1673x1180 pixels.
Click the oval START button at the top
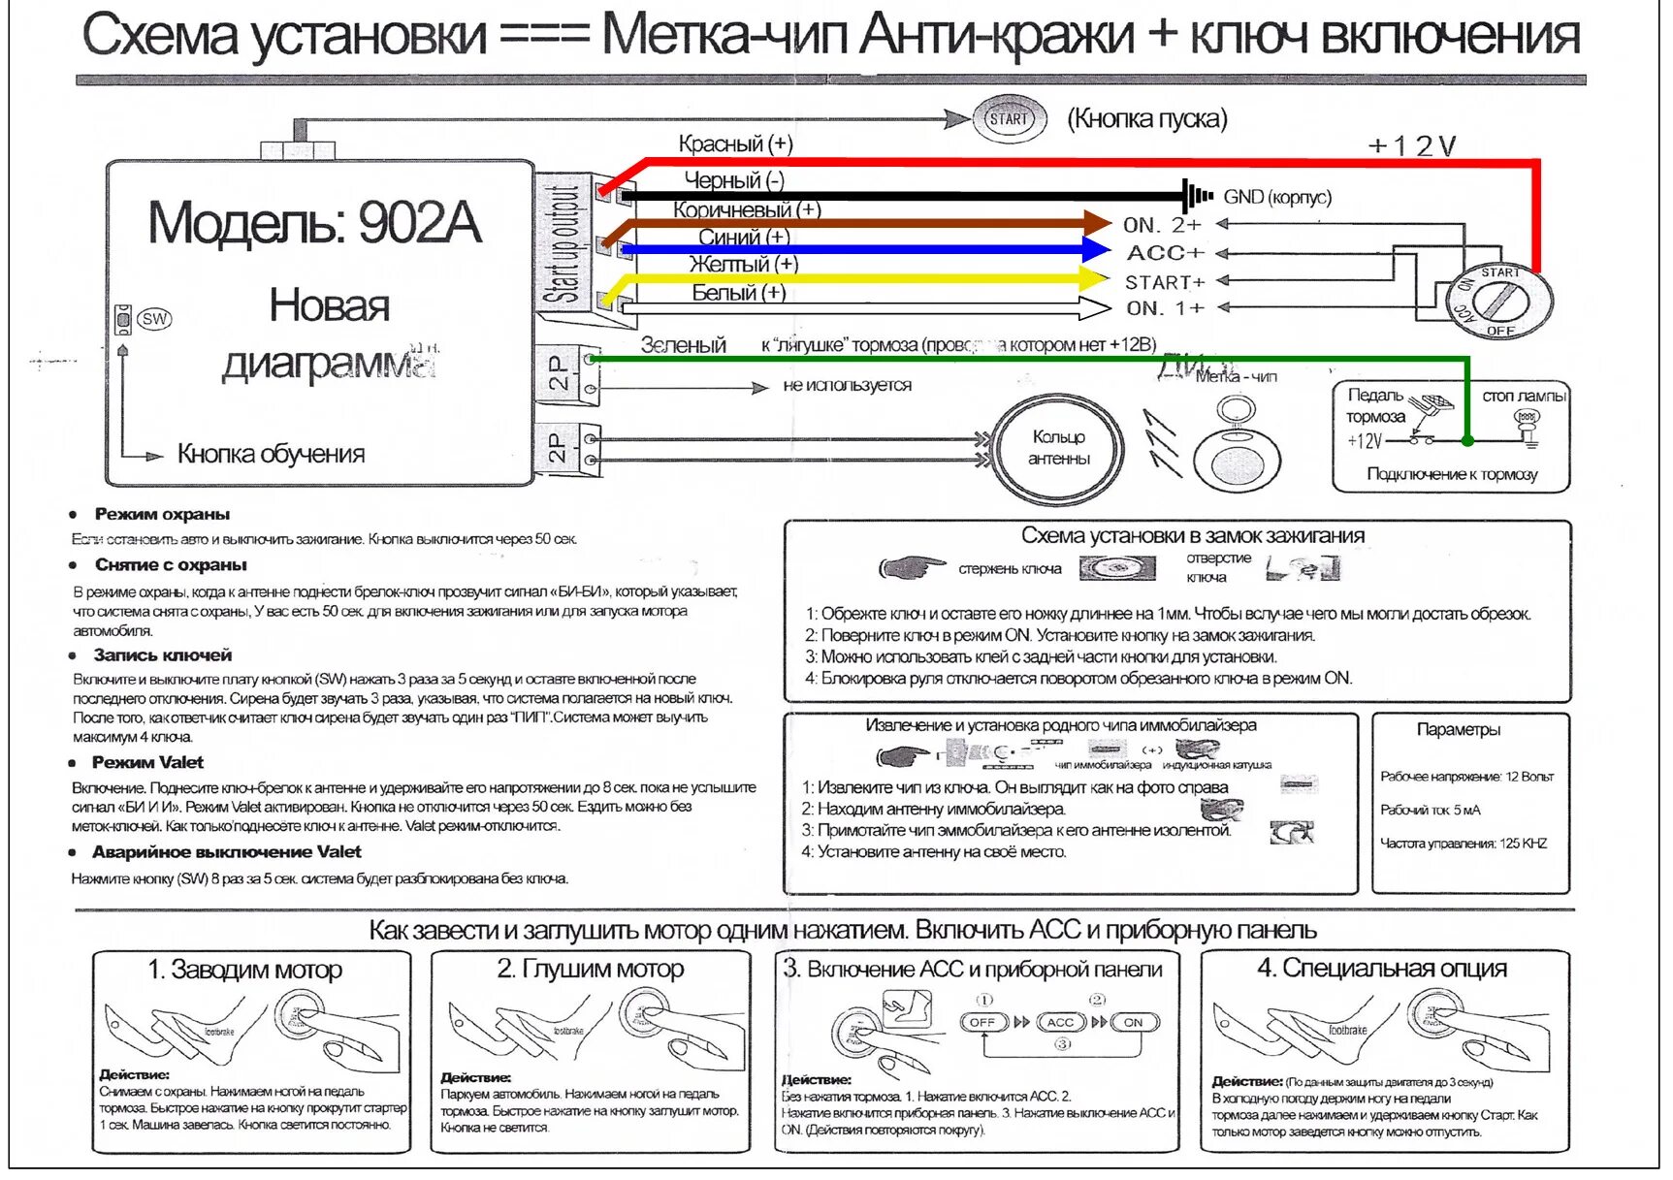[x=1009, y=119]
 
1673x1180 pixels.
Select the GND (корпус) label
[x=1276, y=197]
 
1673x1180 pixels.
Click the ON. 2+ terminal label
[x=1162, y=225]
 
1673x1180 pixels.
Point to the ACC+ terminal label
[x=1165, y=253]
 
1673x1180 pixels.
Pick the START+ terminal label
[x=1164, y=282]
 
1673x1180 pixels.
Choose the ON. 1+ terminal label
[x=1164, y=308]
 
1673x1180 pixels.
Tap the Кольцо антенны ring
[x=1058, y=448]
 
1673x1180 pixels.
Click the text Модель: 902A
[x=314, y=222]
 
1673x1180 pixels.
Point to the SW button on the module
[x=154, y=318]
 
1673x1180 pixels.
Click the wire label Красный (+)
[x=735, y=144]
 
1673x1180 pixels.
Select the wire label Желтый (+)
[x=743, y=264]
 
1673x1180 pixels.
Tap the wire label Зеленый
[x=683, y=345]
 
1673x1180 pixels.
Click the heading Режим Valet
[x=147, y=762]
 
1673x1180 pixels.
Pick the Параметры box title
[x=1458, y=729]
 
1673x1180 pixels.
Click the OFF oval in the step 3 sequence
[x=981, y=1022]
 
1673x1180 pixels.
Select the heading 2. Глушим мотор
[x=590, y=969]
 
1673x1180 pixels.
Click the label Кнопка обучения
[x=271, y=454]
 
